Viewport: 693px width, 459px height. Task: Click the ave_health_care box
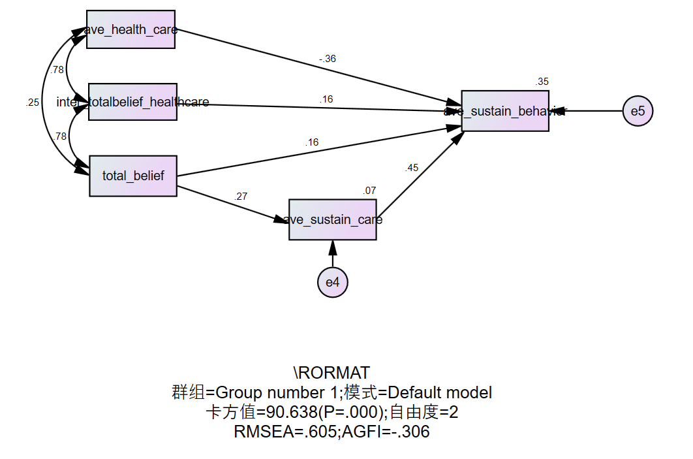(x=131, y=29)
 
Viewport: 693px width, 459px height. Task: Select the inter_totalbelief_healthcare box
(x=132, y=102)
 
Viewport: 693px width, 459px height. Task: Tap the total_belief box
(x=133, y=176)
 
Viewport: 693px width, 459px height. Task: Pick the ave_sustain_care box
(x=333, y=220)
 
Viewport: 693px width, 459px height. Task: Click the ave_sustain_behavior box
(x=505, y=111)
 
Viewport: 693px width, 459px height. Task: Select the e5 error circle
(x=638, y=111)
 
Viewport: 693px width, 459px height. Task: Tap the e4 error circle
(x=333, y=282)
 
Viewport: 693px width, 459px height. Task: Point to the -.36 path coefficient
(x=328, y=59)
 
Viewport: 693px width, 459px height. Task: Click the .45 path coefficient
(x=412, y=168)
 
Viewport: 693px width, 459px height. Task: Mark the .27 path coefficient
(x=241, y=196)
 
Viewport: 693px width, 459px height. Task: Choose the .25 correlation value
(x=33, y=103)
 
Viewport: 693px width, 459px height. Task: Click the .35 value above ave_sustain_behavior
(x=542, y=82)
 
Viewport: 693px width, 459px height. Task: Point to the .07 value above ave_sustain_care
(x=369, y=191)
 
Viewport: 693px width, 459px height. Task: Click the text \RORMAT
(x=331, y=373)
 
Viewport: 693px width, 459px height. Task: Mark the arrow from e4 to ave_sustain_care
(x=333, y=255)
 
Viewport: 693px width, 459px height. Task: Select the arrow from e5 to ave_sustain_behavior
(x=591, y=111)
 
